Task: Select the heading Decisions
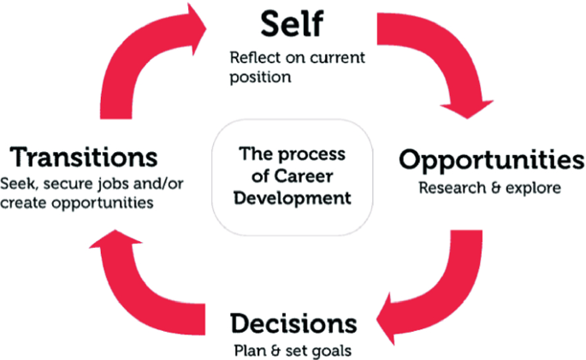[293, 324]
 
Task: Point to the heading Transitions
[84, 157]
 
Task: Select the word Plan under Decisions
[248, 350]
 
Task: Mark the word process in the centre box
[316, 156]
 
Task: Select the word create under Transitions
[22, 204]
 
